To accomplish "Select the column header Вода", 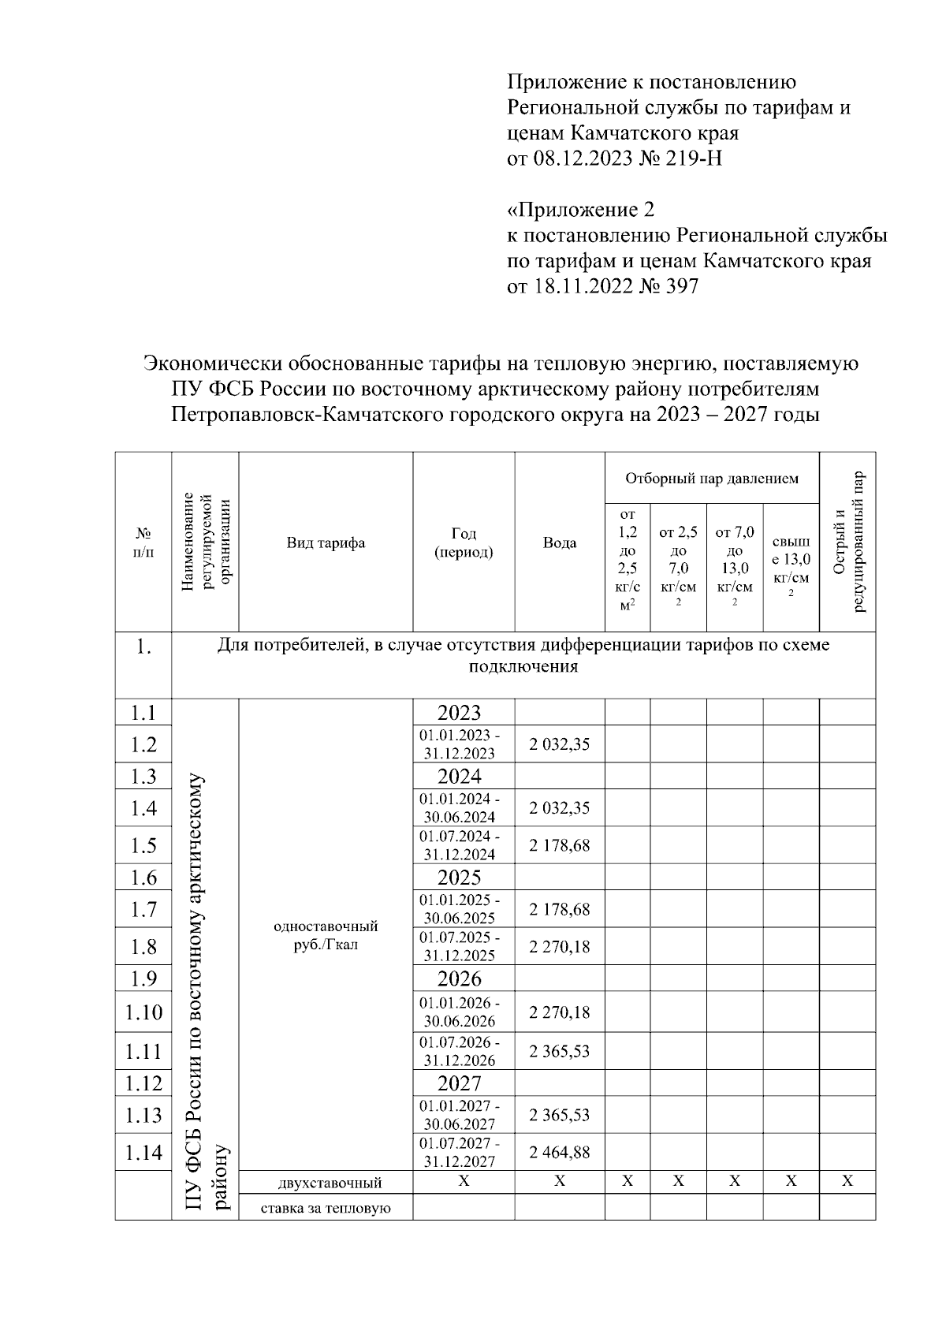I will [x=560, y=542].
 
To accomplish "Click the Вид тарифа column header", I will [x=326, y=542].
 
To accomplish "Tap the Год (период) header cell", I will [x=464, y=542].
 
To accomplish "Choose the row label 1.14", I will [x=143, y=1153].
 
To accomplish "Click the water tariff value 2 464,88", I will [x=560, y=1153].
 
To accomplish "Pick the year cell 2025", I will [x=460, y=878].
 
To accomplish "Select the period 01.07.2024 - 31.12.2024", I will [x=460, y=845].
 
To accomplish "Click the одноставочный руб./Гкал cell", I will [x=326, y=935].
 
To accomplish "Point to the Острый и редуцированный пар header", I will [x=848, y=542].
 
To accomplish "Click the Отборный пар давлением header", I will [x=711, y=479].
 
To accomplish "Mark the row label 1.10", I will [x=143, y=1012].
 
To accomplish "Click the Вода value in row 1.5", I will [x=560, y=845].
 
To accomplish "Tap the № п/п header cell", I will [x=143, y=542].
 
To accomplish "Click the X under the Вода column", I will [x=560, y=1181].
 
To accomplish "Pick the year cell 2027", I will [x=460, y=1083].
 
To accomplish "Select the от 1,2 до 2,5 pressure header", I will [x=628, y=560].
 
